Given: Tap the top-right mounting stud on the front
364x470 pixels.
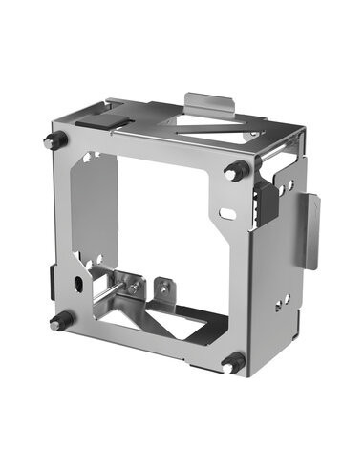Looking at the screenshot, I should tap(235, 172).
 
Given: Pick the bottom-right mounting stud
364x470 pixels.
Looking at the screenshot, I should tap(232, 363).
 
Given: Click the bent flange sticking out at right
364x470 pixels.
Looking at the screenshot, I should tap(310, 230).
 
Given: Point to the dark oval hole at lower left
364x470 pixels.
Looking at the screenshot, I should tap(75, 285).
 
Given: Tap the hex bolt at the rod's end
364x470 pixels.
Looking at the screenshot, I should tap(136, 287).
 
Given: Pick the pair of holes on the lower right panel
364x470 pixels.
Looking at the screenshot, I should tap(285, 301).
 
